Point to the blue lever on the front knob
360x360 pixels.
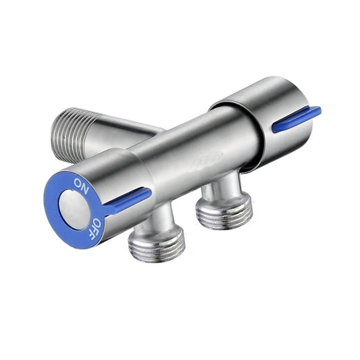pos(128,201)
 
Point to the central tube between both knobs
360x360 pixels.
pos(196,152)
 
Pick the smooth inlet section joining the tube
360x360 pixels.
pos(132,128)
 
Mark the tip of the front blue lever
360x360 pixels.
pos(148,192)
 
